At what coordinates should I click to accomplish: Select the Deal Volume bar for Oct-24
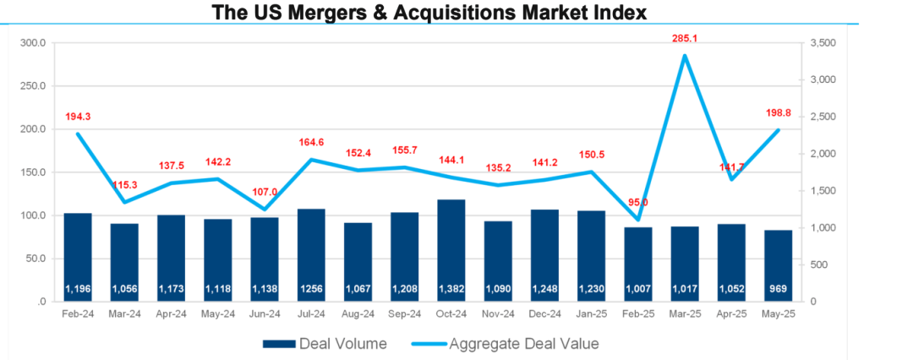pyautogui.click(x=451, y=249)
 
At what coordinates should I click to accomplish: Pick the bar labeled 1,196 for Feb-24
pyautogui.click(x=78, y=254)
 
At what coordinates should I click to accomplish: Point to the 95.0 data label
pyautogui.click(x=637, y=203)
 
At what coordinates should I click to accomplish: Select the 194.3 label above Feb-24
pyautogui.click(x=78, y=116)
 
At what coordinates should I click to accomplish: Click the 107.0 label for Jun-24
pyautogui.click(x=265, y=192)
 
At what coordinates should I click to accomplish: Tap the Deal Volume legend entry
pyautogui.click(x=325, y=343)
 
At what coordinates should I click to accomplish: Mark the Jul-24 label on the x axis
pyautogui.click(x=311, y=314)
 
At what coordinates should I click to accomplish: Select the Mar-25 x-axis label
pyautogui.click(x=685, y=314)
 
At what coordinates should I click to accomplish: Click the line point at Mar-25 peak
pyautogui.click(x=685, y=56)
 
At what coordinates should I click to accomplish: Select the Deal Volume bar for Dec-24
pyautogui.click(x=544, y=254)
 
